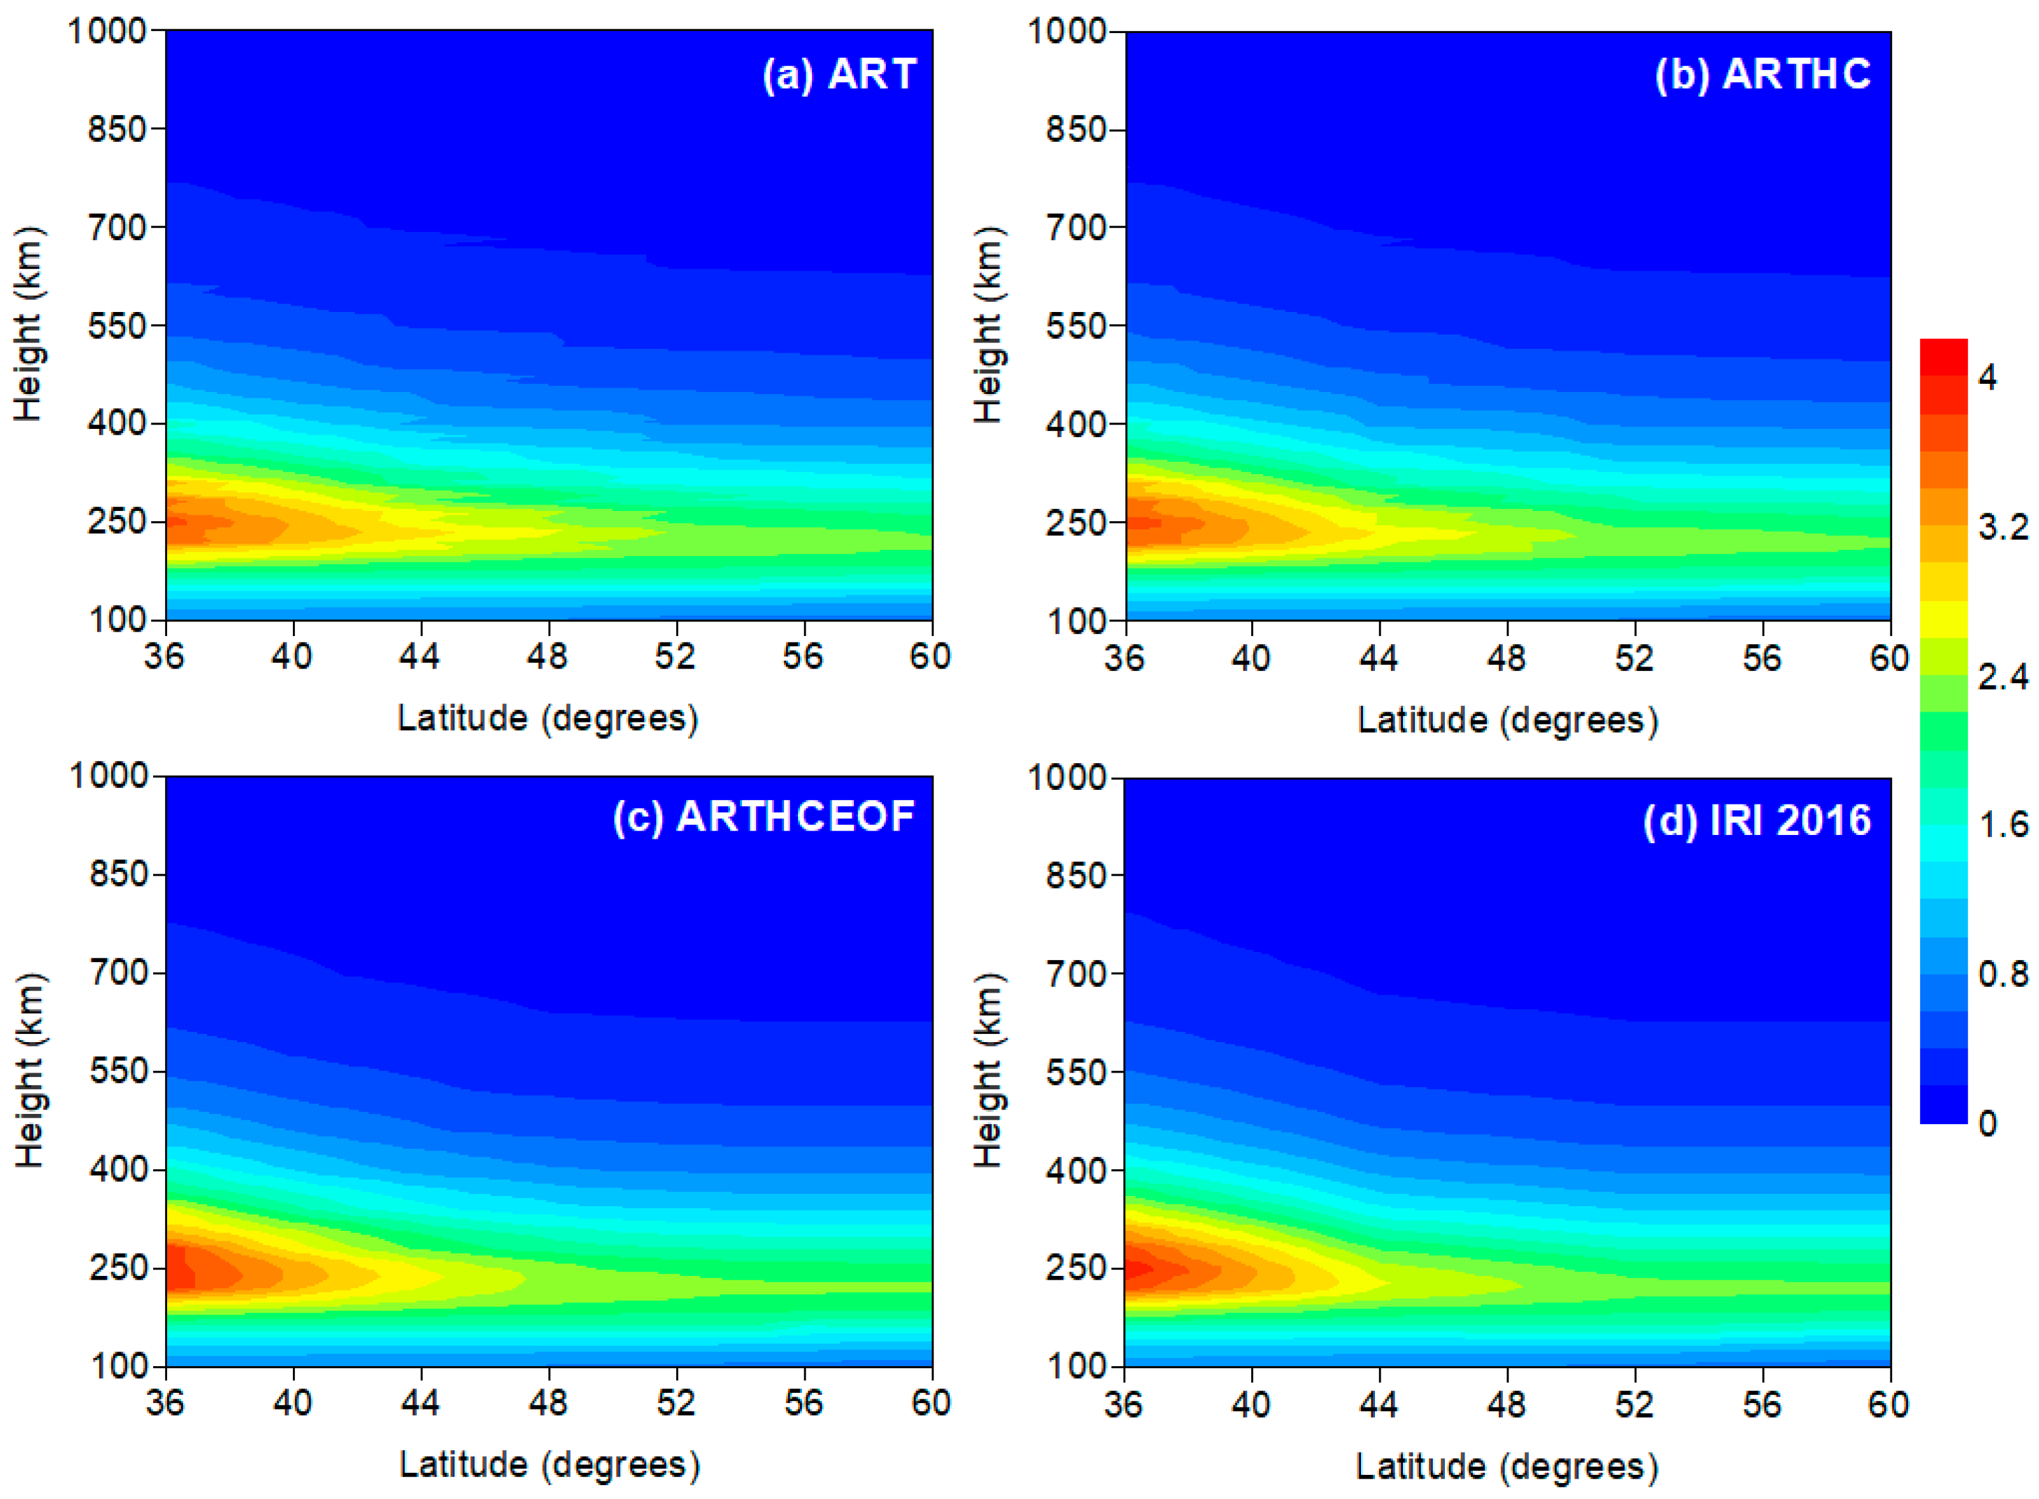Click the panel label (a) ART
point(839,74)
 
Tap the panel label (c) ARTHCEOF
point(764,817)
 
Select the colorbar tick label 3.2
point(2002,526)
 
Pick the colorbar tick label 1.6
point(2002,825)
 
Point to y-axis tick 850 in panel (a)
point(116,129)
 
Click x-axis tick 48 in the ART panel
point(547,655)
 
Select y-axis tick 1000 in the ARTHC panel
point(1067,31)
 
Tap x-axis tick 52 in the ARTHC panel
point(1634,657)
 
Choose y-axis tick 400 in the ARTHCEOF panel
point(118,1169)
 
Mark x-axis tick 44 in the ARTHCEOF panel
point(420,1402)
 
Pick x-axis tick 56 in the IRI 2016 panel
point(1761,1404)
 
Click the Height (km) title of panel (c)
point(29,1071)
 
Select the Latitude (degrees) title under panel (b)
point(1507,719)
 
